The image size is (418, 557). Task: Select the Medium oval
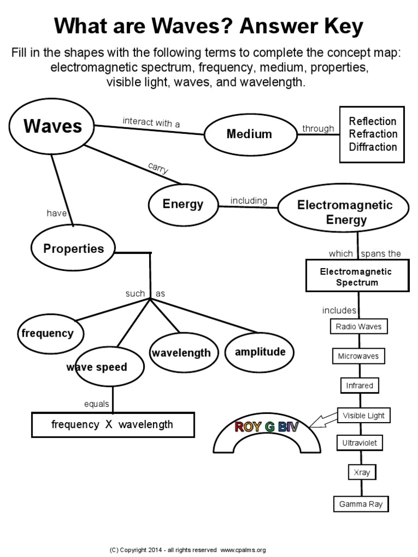click(x=249, y=134)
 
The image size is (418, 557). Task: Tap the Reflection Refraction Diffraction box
click(x=372, y=134)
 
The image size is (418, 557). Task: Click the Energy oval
click(x=183, y=205)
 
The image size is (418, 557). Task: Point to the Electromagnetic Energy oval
click(x=345, y=213)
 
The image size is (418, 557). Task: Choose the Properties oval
click(x=73, y=249)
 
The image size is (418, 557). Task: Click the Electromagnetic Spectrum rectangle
click(x=356, y=276)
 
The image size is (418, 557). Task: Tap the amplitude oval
click(x=260, y=352)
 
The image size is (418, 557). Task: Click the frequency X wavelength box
click(x=113, y=424)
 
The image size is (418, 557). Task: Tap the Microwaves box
click(x=359, y=356)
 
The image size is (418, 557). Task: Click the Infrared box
click(x=360, y=386)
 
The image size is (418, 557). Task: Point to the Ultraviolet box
click(x=360, y=443)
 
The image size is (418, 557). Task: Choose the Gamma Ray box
click(x=361, y=504)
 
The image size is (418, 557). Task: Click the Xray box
click(x=361, y=472)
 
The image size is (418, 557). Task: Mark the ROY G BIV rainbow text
click(x=266, y=427)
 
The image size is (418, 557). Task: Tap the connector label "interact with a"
click(x=151, y=122)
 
